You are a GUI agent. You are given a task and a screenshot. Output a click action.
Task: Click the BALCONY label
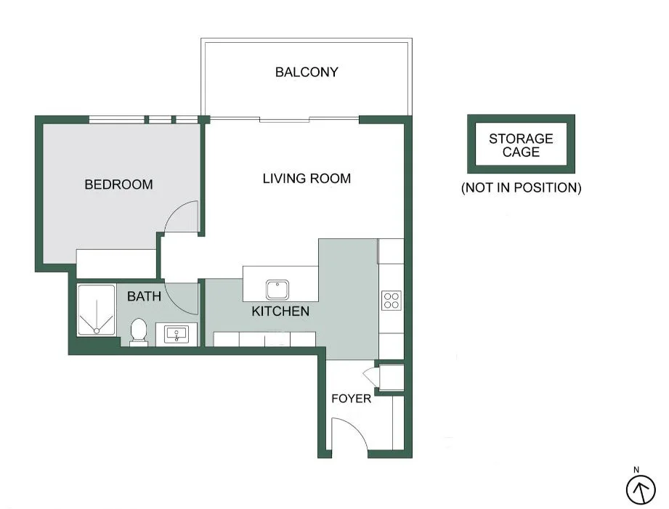point(306,72)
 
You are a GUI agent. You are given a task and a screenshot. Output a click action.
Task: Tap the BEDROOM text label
point(118,184)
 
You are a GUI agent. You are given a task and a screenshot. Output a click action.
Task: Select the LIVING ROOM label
point(307,179)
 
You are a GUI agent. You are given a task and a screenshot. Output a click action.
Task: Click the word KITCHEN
point(280,311)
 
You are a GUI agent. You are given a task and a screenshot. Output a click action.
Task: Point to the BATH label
point(144,296)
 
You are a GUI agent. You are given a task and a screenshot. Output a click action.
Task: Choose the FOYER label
point(351,399)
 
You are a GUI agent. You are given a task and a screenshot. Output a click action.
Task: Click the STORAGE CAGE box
point(521,144)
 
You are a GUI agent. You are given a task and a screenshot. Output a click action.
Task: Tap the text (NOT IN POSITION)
point(521,187)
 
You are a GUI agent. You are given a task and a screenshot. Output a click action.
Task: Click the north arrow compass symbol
point(640,489)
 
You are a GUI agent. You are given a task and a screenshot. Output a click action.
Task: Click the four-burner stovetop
point(392,300)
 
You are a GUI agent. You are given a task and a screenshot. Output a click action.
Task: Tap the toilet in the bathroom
point(138,332)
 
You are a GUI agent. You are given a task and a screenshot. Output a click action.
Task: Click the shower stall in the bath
point(96,310)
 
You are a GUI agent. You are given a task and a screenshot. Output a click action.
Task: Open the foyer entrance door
point(349,435)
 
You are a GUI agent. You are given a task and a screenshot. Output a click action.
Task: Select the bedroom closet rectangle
point(116,264)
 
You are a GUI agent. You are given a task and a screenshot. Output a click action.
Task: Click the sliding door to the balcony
point(285,119)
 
